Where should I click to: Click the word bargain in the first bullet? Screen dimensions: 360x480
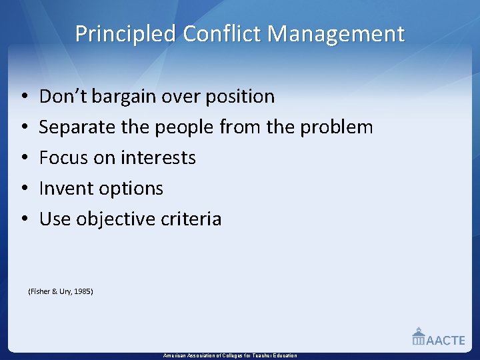coord(122,97)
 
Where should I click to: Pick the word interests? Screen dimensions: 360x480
coord(158,158)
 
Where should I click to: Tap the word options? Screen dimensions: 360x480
coord(131,189)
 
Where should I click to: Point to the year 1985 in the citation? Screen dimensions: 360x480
coord(83,291)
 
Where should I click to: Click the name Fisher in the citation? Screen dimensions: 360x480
coord(40,291)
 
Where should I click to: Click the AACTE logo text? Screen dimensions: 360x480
coord(445,340)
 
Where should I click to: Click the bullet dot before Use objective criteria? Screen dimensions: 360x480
coord(24,219)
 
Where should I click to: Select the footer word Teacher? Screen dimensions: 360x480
coord(258,356)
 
